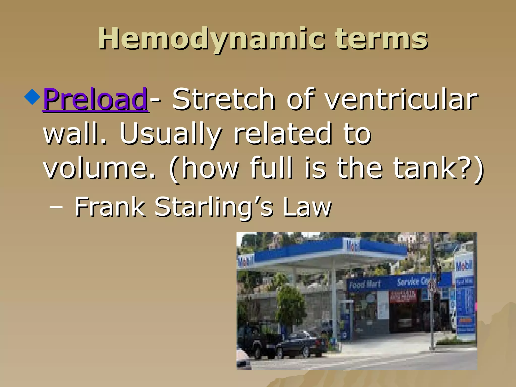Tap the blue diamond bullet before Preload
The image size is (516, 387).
click(32, 96)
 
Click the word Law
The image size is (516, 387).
click(307, 207)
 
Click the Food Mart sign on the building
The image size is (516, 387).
click(365, 284)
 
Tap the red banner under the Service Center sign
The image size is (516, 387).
click(403, 296)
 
